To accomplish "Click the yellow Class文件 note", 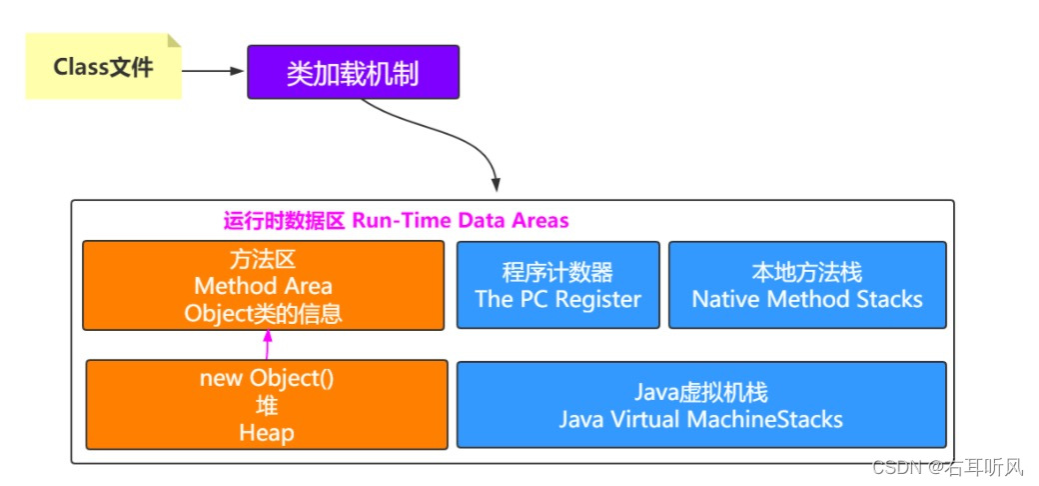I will (x=103, y=68).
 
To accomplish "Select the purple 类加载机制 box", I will (x=353, y=72).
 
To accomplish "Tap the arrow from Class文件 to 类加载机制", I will (x=214, y=71).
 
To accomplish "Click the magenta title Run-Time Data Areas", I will (x=396, y=221).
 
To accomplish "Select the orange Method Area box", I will (x=263, y=285).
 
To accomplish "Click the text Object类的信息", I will (x=264, y=314).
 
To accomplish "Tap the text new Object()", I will (x=266, y=379).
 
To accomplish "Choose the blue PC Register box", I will (x=557, y=285).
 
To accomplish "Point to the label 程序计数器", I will (x=557, y=273).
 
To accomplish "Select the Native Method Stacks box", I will (x=807, y=285).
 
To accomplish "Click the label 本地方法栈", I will (x=807, y=273).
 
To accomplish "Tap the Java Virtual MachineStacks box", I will (x=701, y=405).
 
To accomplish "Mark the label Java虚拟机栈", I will (x=701, y=392).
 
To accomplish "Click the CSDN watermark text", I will (x=949, y=466).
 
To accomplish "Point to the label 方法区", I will (x=264, y=260).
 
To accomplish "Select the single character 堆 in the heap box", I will (x=266, y=406).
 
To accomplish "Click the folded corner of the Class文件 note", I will (x=174, y=41).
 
